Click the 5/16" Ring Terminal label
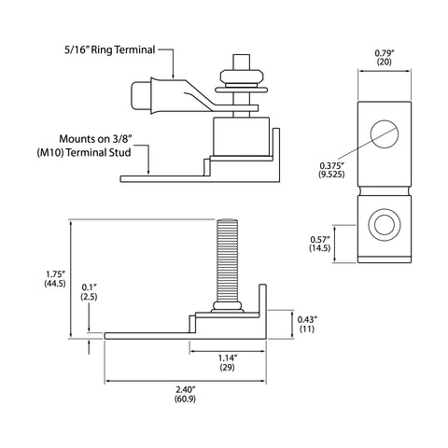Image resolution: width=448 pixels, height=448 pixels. (x=110, y=49)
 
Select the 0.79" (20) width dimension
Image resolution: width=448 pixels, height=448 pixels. (x=385, y=57)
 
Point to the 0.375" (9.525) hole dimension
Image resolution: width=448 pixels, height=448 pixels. (x=331, y=170)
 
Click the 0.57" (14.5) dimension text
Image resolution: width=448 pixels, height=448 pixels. (x=320, y=244)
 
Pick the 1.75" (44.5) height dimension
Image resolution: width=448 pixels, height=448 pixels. (x=55, y=279)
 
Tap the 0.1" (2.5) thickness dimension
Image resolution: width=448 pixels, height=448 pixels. (x=89, y=292)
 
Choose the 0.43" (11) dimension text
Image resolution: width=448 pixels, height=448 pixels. (x=307, y=324)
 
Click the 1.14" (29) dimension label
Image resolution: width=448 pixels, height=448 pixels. (x=228, y=363)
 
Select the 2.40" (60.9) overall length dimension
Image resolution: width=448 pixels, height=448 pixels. (x=186, y=394)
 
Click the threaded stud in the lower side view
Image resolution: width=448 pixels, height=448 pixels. (x=227, y=260)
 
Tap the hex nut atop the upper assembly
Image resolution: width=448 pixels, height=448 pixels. (x=242, y=77)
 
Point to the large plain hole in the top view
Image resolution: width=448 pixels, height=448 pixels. (x=385, y=134)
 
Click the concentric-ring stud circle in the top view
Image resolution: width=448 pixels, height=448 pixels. (x=385, y=224)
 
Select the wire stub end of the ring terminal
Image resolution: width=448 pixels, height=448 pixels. (x=140, y=95)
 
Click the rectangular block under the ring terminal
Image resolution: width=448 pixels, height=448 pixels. (x=241, y=136)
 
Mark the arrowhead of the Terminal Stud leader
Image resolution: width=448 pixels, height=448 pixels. (x=148, y=172)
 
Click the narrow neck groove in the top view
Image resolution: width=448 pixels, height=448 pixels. (x=385, y=190)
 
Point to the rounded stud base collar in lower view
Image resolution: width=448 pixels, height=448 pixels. (x=227, y=306)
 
